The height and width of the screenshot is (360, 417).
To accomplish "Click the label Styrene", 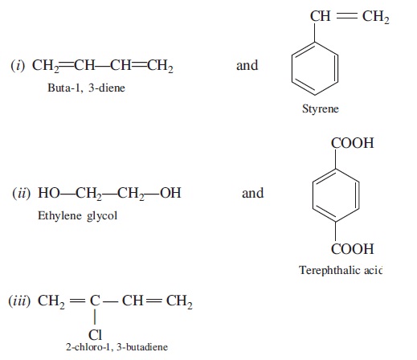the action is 321,108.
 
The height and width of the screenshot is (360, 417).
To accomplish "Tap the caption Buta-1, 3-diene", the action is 86,88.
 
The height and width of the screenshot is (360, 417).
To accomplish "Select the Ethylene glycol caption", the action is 77,215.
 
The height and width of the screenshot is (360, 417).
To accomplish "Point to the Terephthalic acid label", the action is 341,270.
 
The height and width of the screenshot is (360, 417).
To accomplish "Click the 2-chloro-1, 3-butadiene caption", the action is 117,347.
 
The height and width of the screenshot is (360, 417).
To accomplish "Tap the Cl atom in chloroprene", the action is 95,335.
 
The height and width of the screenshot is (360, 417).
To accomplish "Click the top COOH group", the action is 352,143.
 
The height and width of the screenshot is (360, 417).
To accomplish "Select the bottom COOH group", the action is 352,249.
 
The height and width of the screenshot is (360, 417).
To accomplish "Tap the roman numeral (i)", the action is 18,65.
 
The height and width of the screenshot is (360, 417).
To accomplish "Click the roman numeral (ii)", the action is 22,193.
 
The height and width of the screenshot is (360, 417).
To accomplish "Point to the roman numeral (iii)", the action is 19,301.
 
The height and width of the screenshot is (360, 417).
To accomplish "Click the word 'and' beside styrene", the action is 247,65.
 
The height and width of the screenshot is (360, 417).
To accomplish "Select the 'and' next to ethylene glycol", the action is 253,193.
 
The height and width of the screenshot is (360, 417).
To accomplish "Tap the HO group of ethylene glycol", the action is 49,193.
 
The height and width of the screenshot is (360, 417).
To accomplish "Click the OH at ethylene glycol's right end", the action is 170,193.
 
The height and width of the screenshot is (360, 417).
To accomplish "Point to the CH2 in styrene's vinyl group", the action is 376,17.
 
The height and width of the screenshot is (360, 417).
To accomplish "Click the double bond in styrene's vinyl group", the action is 346,16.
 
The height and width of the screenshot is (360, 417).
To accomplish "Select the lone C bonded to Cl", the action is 95,301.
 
